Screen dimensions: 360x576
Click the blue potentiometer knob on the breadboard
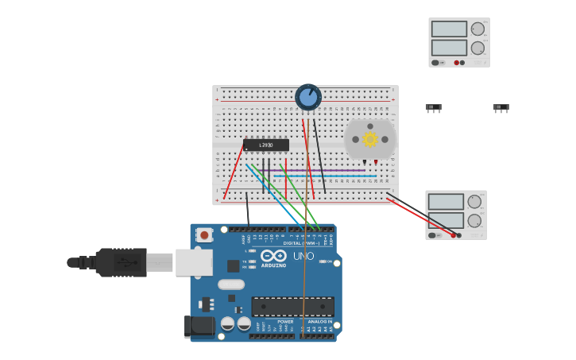click(308, 97)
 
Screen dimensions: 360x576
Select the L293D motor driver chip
click(265, 145)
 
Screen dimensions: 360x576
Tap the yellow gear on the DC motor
click(369, 139)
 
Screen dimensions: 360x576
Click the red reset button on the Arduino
click(204, 235)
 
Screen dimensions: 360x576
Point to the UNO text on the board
click(303, 256)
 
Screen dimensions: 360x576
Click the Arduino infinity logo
click(273, 255)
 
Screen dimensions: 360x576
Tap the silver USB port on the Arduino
click(194, 261)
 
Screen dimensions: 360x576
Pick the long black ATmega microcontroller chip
click(292, 307)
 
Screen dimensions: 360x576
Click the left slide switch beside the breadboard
click(433, 107)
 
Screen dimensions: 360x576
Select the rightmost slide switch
click(501, 107)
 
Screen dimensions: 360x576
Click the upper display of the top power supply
click(449, 29)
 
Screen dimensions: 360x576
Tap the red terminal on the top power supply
click(457, 63)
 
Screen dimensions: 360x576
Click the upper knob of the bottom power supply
click(474, 202)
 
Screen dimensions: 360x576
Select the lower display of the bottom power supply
click(446, 220)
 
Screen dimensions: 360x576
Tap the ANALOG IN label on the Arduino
click(319, 322)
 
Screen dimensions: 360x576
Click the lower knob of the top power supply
click(477, 48)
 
